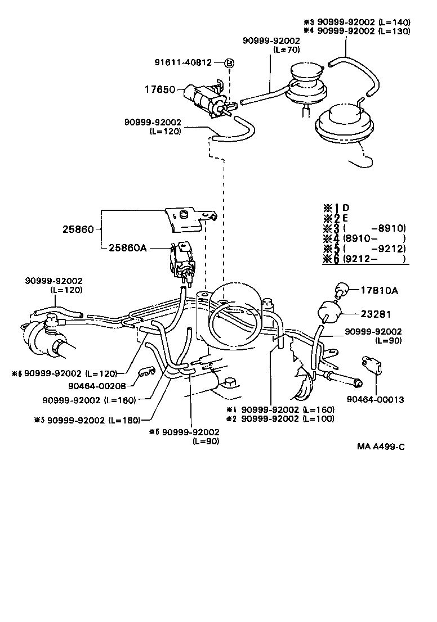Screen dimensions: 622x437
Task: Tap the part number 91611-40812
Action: point(184,62)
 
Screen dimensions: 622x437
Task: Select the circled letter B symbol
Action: point(229,63)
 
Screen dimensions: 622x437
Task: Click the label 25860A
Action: point(128,247)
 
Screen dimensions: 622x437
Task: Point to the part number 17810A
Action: point(379,291)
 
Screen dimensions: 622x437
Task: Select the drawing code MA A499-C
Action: point(381,447)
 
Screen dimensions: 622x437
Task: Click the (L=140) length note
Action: point(394,22)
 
